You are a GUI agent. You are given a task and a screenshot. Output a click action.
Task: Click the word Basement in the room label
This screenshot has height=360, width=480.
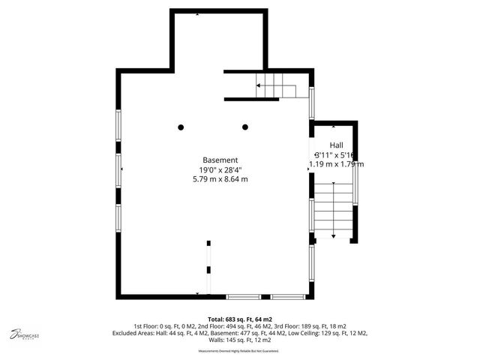pyautogui.click(x=220, y=160)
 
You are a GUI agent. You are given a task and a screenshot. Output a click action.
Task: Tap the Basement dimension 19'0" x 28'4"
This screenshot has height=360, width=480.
pyautogui.click(x=220, y=169)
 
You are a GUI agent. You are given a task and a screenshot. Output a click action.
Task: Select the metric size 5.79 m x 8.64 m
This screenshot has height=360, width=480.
pyautogui.click(x=220, y=179)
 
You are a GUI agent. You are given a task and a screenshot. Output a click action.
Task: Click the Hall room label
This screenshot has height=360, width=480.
pyautogui.click(x=337, y=144)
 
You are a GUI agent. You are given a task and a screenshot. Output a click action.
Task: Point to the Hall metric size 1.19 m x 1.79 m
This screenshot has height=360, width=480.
pyautogui.click(x=336, y=164)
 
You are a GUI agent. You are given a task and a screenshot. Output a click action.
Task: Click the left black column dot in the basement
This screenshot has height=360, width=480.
pyautogui.click(x=181, y=127)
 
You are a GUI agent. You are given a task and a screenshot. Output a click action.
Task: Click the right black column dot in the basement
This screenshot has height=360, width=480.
pyautogui.click(x=244, y=127)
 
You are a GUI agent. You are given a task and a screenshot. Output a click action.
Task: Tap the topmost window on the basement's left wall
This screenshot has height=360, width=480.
pyautogui.click(x=118, y=124)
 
